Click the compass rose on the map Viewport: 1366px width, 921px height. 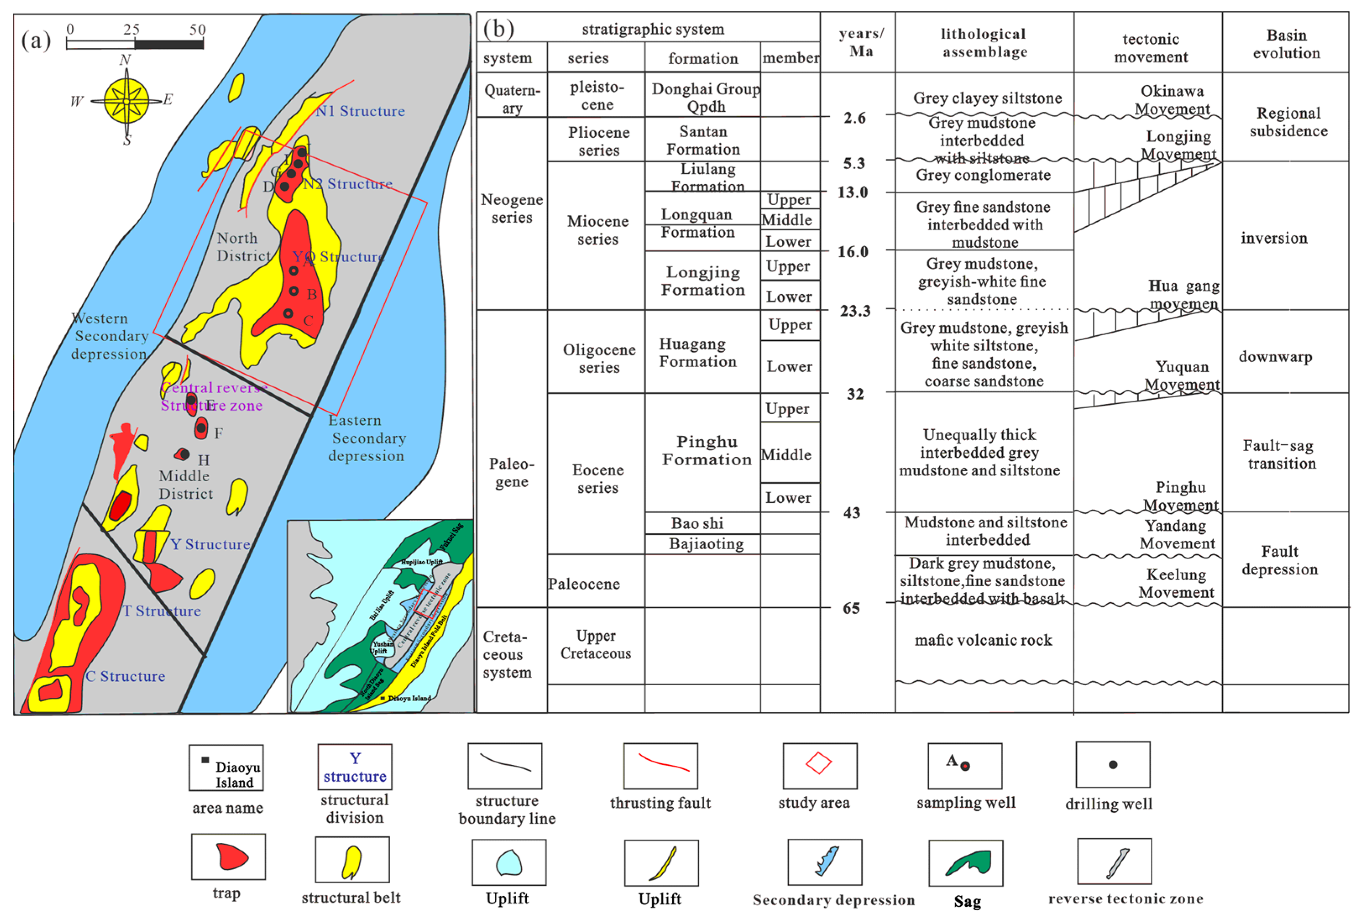pos(126,101)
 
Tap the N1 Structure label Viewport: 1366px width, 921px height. pos(360,111)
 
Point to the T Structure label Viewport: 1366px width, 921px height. pos(162,611)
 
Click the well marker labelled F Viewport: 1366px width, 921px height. pos(201,428)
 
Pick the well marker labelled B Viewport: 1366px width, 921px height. pos(294,291)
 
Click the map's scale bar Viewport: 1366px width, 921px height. pos(135,44)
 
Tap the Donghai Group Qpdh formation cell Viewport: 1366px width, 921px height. pos(705,97)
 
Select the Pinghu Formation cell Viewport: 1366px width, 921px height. pos(706,451)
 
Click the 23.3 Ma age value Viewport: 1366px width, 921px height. pos(855,311)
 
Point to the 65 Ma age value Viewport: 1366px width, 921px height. pos(851,608)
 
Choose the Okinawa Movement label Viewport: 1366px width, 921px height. pos(1172,100)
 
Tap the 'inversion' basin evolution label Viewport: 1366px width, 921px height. pos(1274,238)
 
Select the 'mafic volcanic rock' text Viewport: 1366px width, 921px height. pos(983,640)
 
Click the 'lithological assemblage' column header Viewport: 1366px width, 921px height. pos(984,43)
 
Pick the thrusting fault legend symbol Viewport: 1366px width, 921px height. pos(661,765)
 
